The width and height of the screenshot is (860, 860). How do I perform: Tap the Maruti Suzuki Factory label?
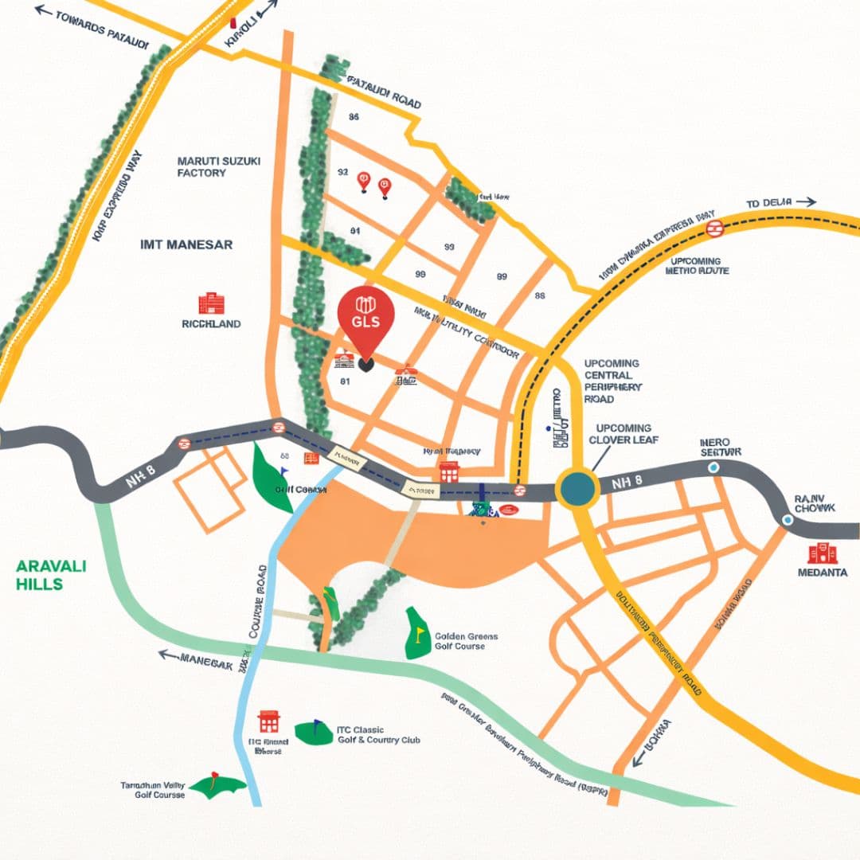219,166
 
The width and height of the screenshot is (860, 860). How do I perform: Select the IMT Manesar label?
186,244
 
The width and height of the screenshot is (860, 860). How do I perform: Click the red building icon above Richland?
211,303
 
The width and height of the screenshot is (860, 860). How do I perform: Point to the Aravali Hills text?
51,575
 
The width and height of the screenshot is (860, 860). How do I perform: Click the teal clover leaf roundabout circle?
577,488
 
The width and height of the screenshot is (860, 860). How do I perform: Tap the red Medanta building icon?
823,553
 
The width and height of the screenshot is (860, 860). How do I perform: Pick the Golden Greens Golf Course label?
466,641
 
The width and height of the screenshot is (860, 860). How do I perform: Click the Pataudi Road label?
384,92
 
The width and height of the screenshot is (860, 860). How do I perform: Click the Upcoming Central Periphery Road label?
612,381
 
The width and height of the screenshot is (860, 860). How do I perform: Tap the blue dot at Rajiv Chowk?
788,520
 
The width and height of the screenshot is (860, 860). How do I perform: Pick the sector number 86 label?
354,117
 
